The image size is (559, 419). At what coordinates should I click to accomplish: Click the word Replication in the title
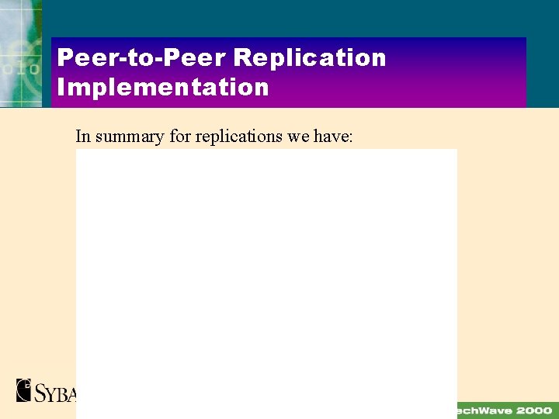(309, 57)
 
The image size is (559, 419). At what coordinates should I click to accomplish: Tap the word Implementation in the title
(163, 86)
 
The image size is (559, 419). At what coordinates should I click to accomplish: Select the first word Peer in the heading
(81, 57)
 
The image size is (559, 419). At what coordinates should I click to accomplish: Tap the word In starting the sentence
(82, 137)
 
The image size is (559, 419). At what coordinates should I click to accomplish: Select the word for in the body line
(179, 137)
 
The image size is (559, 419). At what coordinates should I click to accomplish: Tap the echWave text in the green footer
(483, 410)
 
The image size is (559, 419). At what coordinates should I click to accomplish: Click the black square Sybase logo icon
(24, 390)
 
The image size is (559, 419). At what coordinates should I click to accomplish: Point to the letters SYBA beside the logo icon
(55, 392)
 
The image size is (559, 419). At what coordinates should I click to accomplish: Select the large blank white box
(266, 283)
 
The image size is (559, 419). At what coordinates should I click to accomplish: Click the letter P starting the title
(65, 57)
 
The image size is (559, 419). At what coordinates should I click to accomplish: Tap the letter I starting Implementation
(61, 86)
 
